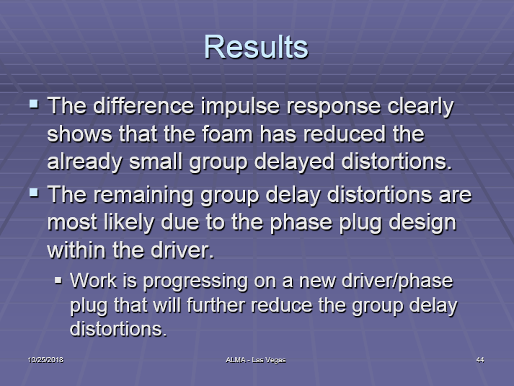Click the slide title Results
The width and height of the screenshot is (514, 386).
click(x=256, y=47)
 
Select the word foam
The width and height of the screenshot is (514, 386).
click(x=228, y=133)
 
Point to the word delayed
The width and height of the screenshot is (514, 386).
click(x=294, y=162)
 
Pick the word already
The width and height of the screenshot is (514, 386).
click(x=84, y=162)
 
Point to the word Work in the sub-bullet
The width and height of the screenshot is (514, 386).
click(x=94, y=281)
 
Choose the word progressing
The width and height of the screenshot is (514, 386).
click(x=195, y=281)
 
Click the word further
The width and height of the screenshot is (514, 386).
click(x=216, y=305)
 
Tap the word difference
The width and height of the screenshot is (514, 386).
click(x=143, y=106)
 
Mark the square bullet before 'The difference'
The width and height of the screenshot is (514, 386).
click(x=34, y=104)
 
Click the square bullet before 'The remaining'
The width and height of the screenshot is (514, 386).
click(x=34, y=193)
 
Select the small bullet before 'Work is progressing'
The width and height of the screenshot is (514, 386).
click(x=58, y=281)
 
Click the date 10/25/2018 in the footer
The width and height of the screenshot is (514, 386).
click(x=45, y=360)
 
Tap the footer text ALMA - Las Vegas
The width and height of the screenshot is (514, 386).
click(x=256, y=360)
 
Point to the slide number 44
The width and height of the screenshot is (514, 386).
click(x=480, y=360)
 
